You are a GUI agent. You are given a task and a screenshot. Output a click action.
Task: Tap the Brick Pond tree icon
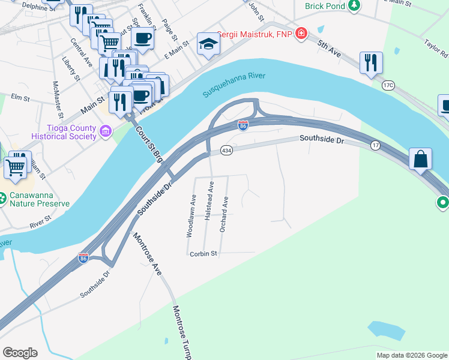coord(354,5)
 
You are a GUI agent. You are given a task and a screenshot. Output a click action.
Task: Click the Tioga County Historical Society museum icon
coord(106,131)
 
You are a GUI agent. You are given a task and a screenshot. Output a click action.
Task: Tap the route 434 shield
coord(226,149)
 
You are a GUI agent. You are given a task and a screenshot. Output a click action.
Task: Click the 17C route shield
coord(388,85)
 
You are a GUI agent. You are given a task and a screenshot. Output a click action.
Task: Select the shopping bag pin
coord(421,160)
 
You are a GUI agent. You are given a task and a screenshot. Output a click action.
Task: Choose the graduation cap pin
coord(208,44)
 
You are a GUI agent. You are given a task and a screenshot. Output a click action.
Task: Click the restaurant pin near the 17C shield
coord(371,62)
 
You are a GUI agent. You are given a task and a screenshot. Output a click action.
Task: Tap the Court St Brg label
coord(149,144)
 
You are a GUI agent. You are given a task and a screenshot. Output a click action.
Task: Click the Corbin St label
coord(203,254)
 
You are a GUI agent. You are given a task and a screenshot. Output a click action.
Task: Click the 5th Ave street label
coord(330,49)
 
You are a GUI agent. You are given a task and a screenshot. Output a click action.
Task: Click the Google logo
coord(20,353)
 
